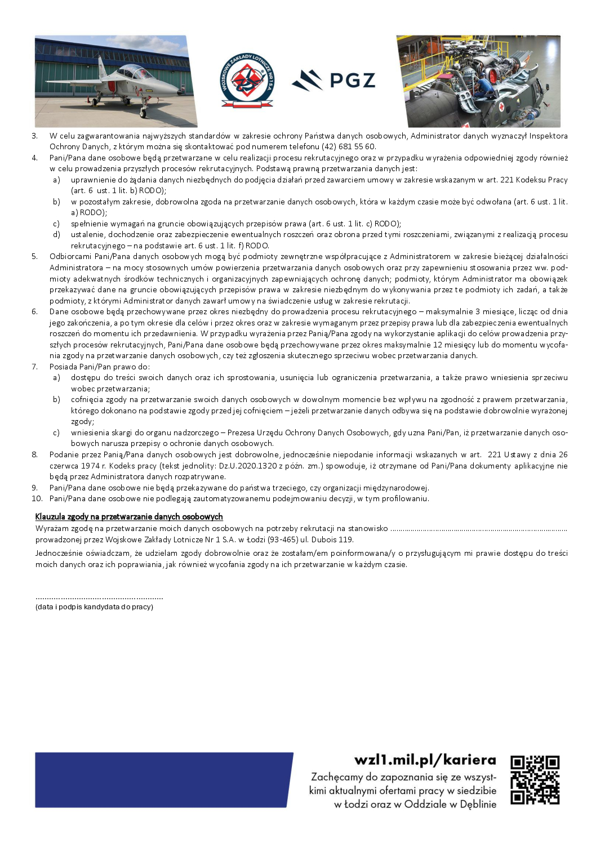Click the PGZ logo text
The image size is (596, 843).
click(352, 80)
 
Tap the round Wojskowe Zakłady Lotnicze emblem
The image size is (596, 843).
click(247, 80)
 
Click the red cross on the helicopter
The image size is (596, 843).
click(501, 106)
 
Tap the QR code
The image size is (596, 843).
click(535, 780)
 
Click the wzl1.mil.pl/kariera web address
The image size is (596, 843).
click(425, 760)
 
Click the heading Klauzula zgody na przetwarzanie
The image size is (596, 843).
click(129, 516)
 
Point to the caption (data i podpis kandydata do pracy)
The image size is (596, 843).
click(94, 607)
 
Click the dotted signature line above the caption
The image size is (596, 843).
click(99, 597)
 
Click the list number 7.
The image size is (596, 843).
click(35, 367)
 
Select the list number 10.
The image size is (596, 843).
click(37, 498)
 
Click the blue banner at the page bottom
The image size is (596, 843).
click(163, 780)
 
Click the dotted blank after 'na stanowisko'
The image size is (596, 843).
click(479, 529)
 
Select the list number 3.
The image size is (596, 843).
click(35, 136)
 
